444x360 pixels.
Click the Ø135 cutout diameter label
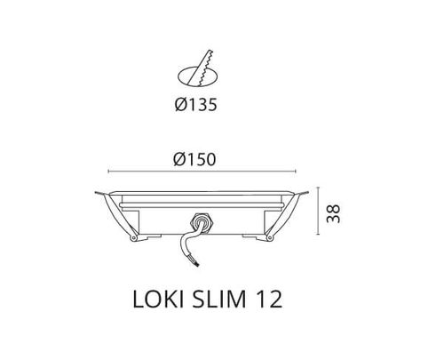click(x=196, y=105)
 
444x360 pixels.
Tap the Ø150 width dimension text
click(x=194, y=159)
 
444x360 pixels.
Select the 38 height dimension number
click(x=333, y=213)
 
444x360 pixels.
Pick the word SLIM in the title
click(x=219, y=300)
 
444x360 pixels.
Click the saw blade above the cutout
click(x=201, y=68)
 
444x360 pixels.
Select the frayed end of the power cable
click(x=197, y=262)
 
